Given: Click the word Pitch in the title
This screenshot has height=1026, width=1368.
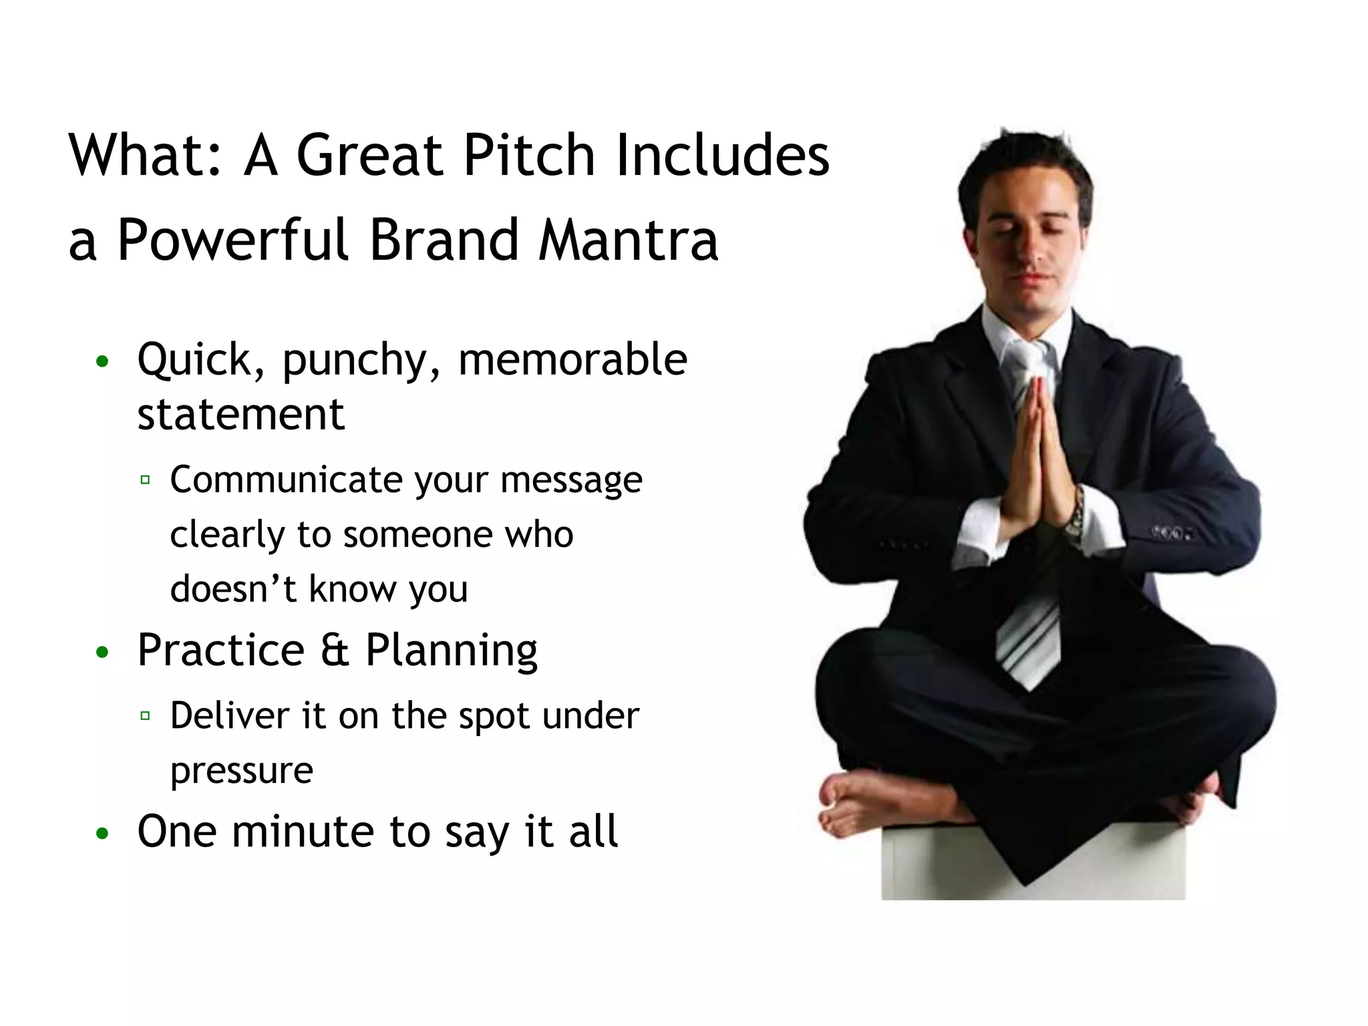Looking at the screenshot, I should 528,155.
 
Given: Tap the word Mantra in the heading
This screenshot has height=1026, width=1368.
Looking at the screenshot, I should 628,240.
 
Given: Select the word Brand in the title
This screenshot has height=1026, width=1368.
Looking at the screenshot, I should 444,240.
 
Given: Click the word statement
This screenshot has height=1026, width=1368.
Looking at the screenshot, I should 240,414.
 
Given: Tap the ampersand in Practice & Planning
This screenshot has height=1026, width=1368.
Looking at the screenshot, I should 335,650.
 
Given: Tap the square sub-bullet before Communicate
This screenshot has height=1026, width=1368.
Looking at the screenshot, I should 145,480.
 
